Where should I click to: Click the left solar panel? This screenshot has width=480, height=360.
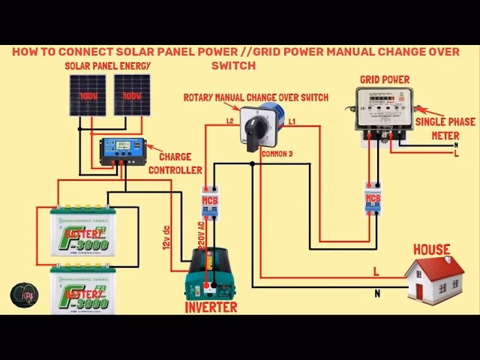(x=90, y=94)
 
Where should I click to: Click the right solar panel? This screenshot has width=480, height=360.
(x=132, y=94)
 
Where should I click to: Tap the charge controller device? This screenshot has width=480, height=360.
(x=124, y=151)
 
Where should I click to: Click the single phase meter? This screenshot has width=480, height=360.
(x=384, y=112)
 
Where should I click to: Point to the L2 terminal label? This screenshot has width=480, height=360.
(x=231, y=121)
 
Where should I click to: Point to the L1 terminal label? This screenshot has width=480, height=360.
(x=292, y=121)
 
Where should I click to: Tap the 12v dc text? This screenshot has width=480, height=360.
(x=166, y=235)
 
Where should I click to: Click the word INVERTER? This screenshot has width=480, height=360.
(x=211, y=307)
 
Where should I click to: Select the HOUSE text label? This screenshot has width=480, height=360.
(x=431, y=249)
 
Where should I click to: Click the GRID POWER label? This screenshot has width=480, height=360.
(x=384, y=79)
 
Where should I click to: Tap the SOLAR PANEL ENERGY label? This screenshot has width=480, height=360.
(x=108, y=66)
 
